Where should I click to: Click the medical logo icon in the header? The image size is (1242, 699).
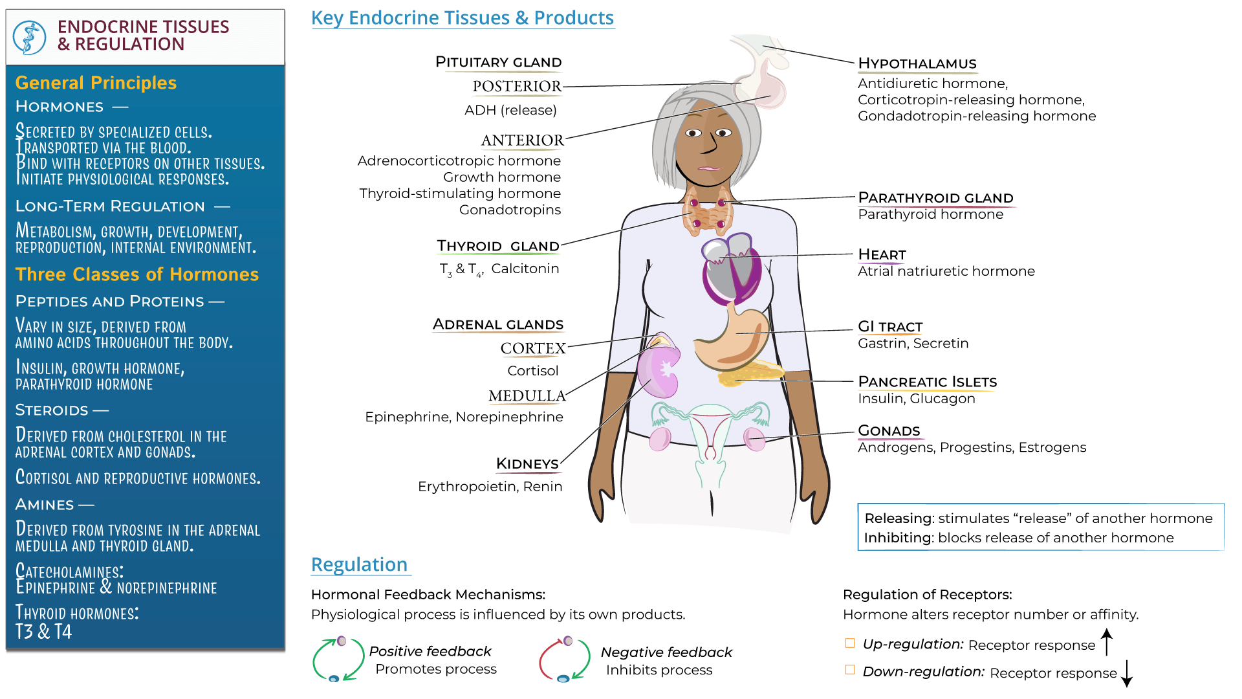click(30, 37)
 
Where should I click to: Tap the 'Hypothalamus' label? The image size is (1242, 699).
click(917, 63)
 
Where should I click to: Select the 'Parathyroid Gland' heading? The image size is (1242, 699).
click(935, 197)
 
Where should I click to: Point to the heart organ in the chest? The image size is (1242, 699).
click(732, 268)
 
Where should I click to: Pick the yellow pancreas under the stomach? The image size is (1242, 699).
click(750, 373)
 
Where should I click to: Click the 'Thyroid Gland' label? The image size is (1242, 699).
click(498, 246)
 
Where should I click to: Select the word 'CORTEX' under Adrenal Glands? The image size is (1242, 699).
click(533, 348)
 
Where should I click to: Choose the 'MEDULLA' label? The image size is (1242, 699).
click(527, 395)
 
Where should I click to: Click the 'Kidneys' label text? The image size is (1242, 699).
click(527, 463)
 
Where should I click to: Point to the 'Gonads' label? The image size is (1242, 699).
click(889, 431)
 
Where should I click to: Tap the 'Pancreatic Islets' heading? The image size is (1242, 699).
click(927, 382)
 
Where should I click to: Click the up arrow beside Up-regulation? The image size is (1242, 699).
click(1107, 642)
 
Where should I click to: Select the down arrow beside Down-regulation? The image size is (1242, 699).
click(1127, 673)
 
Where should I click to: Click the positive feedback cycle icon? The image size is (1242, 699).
click(338, 660)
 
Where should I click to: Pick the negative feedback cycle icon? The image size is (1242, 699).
click(565, 660)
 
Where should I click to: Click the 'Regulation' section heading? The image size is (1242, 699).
click(359, 564)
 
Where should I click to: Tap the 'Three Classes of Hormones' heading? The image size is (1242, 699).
click(137, 274)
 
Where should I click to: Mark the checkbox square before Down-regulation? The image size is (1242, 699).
click(850, 670)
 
